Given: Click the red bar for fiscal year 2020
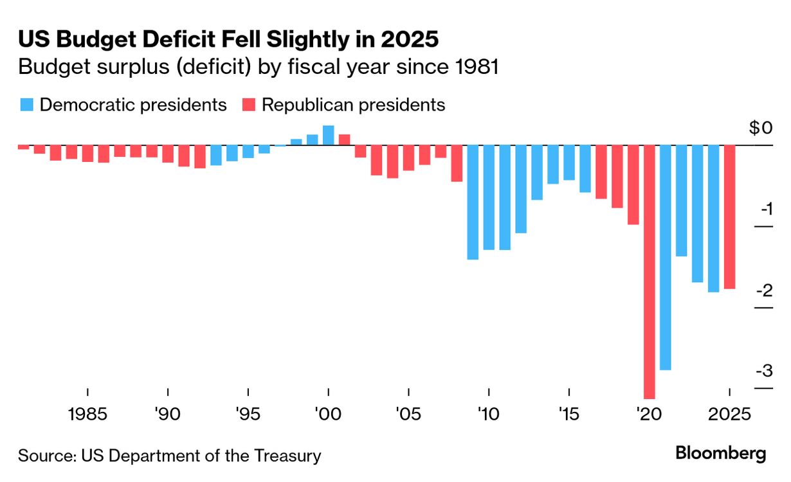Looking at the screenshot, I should click(650, 270).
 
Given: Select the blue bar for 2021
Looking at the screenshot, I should click(666, 257).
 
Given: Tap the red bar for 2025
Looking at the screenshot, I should click(730, 217).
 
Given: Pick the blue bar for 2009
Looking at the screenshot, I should click(473, 202).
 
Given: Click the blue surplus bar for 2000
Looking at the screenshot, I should click(328, 135).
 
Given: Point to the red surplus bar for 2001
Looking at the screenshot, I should click(344, 139).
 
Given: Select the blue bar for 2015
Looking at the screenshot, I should click(569, 163).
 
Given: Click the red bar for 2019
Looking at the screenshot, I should click(633, 184).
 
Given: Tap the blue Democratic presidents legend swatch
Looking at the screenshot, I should click(26, 105).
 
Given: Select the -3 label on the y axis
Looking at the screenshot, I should click(763, 371).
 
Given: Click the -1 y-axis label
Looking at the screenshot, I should click(765, 210).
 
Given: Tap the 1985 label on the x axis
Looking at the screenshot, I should click(87, 414).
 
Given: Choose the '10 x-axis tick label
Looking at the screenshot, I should click(489, 414).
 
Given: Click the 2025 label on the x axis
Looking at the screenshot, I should click(730, 414).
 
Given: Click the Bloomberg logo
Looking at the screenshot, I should click(721, 452).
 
